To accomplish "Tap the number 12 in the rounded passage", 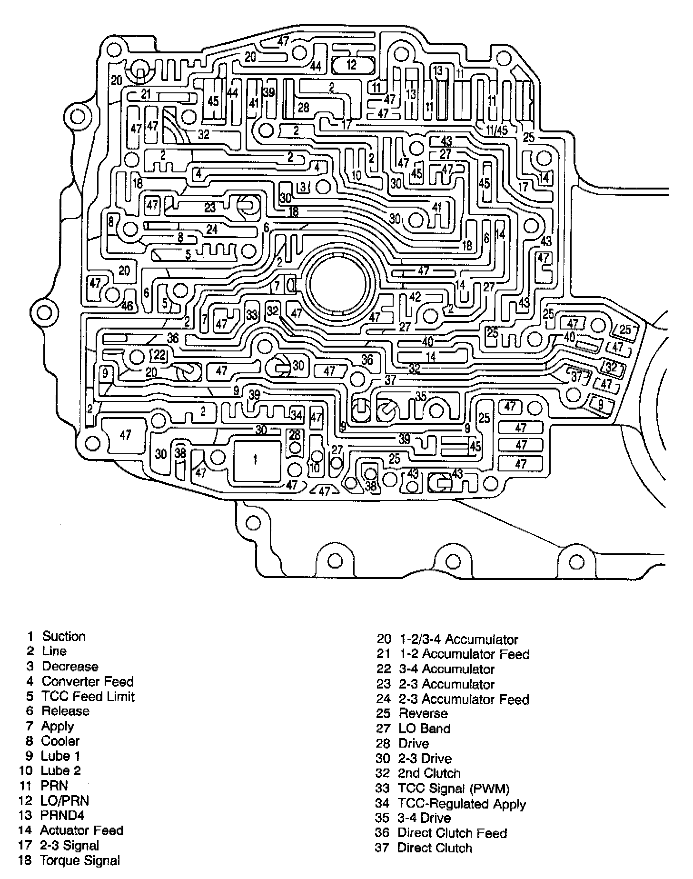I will tap(351, 65).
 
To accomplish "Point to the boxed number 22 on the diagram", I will tap(160, 355).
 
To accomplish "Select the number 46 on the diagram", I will tap(127, 306).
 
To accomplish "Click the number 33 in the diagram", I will tap(252, 315).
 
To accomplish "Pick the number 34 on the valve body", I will tap(296, 415).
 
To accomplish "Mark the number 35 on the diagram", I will tap(421, 396).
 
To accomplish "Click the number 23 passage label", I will tap(210, 208).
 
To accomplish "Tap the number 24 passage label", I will tap(212, 230).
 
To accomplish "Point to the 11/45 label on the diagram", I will tap(496, 130).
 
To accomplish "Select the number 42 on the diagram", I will tap(415, 297).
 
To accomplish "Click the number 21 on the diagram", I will tap(146, 94).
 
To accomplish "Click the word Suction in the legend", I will tap(64, 637).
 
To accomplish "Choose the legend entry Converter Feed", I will tap(88, 681).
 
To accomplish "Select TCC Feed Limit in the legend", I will tap(88, 697).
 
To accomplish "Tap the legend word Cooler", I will tap(60, 741).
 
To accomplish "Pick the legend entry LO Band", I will tap(424, 729).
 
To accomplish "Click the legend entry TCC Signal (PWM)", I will tap(454, 789).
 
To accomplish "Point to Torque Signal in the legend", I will tap(80, 860).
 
